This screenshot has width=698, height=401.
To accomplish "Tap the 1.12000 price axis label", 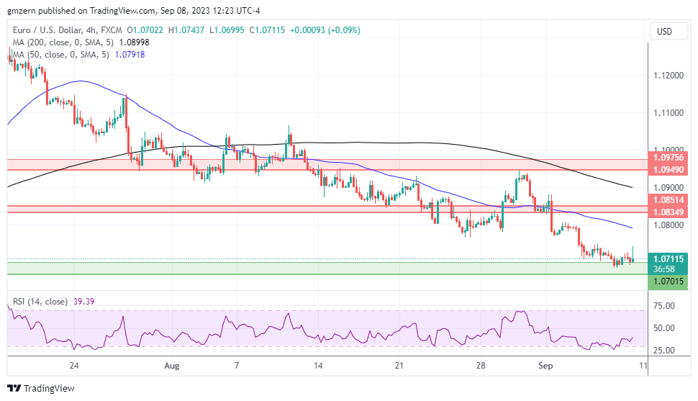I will [x=668, y=76].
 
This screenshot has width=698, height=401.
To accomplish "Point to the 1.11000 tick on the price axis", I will [x=668, y=113].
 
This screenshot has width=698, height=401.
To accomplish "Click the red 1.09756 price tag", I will [x=668, y=157].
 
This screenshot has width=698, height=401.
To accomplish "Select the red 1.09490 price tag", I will [x=668, y=170].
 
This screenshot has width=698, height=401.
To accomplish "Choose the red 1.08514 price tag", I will [x=668, y=199].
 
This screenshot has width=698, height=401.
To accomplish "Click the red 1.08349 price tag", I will [x=668, y=212].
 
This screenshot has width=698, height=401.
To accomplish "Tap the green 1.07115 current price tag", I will [x=668, y=258].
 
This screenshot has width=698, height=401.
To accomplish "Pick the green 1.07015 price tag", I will [x=668, y=283].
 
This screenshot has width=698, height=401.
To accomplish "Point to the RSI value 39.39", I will [x=85, y=302].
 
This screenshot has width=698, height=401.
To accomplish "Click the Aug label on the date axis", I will [x=171, y=365].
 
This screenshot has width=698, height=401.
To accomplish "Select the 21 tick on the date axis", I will [x=399, y=365].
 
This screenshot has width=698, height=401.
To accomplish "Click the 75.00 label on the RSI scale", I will [x=665, y=306].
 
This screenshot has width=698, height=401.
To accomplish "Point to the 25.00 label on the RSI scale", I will [x=665, y=351].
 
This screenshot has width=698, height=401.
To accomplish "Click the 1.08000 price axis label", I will [x=668, y=225].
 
